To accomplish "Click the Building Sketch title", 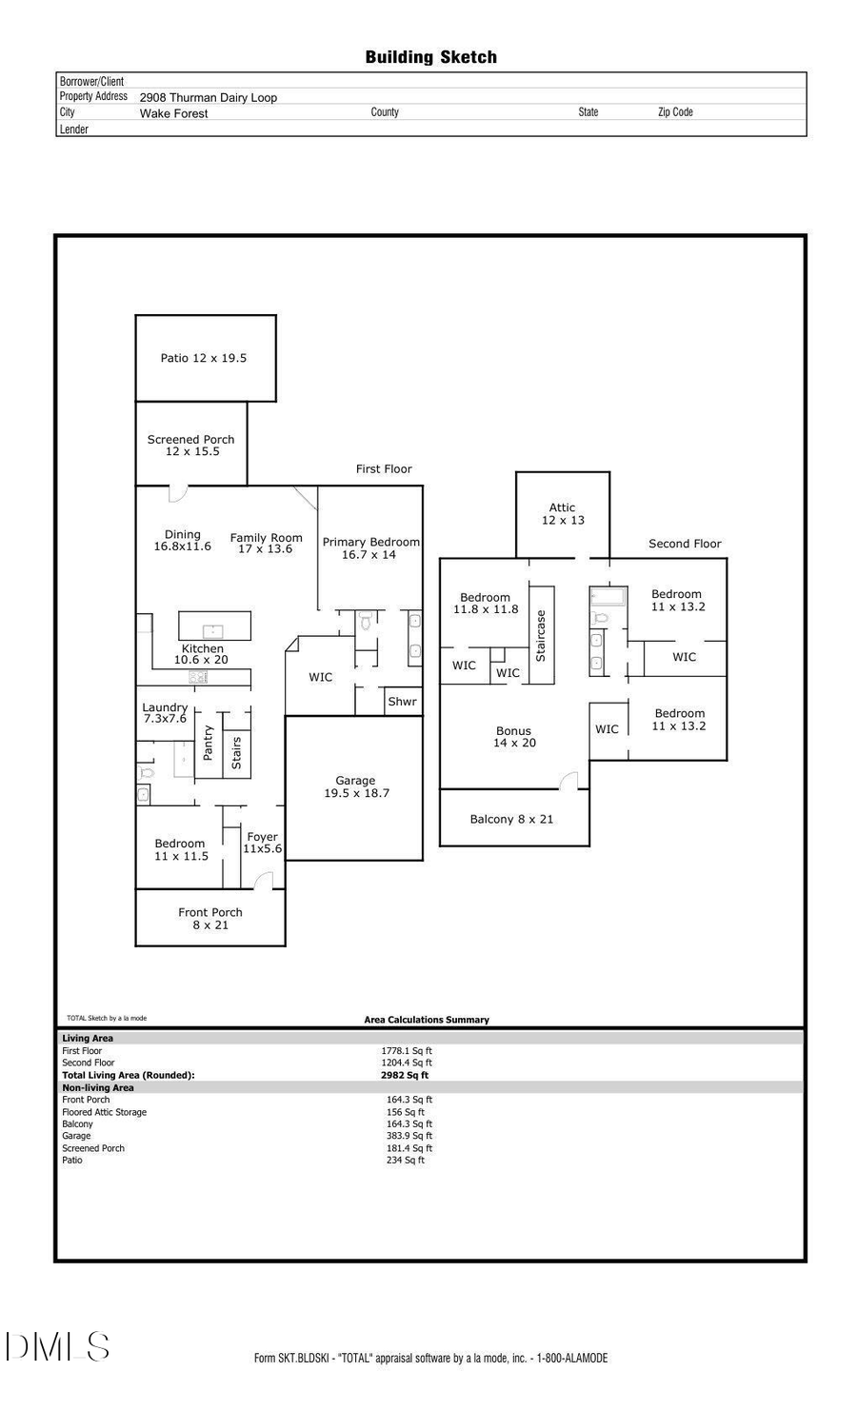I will (430, 57).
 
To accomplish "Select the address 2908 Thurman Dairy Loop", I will (209, 97).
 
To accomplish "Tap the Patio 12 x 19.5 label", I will (203, 358).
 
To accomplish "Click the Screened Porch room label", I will (191, 445).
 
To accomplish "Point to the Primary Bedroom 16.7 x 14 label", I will (370, 547).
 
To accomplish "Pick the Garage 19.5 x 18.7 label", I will (356, 786).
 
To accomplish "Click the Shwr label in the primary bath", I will (402, 702).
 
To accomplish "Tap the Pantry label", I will (209, 743).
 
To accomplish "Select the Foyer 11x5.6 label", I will (263, 843).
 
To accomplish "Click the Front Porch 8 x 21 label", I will (210, 918).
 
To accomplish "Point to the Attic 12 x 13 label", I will (563, 514).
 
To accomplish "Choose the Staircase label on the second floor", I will (541, 636).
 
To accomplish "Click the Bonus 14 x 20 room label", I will (514, 737).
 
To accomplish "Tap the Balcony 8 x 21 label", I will (511, 819).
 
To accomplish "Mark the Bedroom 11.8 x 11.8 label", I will (486, 604).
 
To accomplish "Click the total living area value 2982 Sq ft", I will (405, 1075).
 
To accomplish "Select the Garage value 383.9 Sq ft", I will (409, 1136).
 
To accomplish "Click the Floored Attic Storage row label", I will (105, 1112).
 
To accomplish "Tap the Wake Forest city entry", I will (174, 113).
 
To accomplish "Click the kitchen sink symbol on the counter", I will (199, 677).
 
